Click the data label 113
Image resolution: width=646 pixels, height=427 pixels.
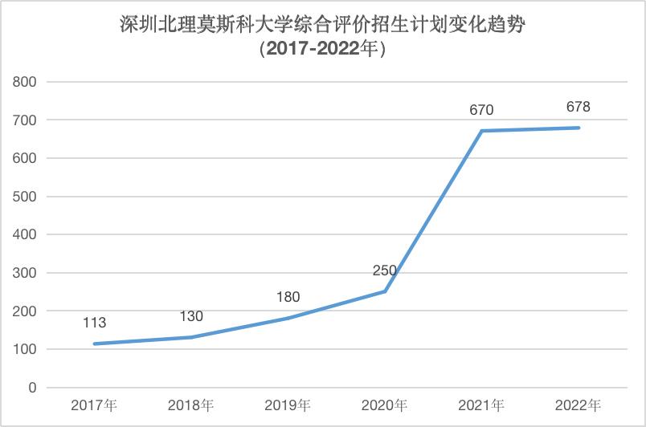[95, 323]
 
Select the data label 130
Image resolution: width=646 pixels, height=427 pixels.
[191, 315]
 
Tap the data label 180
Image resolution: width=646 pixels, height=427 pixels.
[288, 297]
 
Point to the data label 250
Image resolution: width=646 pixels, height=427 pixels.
[385, 270]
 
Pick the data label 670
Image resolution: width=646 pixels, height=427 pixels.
[481, 110]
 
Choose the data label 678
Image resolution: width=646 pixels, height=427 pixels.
[579, 107]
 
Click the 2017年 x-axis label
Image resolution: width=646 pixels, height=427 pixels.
[95, 405]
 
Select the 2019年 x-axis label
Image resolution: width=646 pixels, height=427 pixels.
[288, 405]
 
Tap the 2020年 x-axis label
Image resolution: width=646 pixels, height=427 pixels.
[385, 405]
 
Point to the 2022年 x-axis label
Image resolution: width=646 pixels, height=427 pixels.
[579, 405]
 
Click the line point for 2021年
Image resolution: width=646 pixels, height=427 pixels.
[482, 131]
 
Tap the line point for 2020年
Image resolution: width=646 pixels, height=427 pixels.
[385, 291]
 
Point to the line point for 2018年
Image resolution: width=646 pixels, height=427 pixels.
[191, 337]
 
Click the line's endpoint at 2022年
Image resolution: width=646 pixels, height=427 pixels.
[579, 128]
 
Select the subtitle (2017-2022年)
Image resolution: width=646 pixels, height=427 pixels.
[323, 49]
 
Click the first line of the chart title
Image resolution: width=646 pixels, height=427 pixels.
[323, 24]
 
